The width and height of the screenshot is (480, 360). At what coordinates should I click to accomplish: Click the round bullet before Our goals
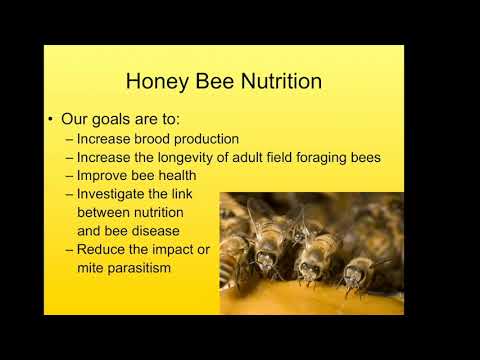coord(50,119)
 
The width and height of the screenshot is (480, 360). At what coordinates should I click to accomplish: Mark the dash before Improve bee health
coord(69,175)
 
